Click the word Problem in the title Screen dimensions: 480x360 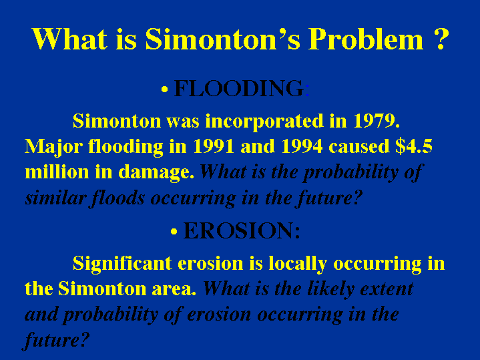tap(366, 39)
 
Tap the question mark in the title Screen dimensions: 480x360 tap(441, 39)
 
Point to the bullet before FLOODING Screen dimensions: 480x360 tap(164, 89)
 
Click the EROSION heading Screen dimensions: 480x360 tap(242, 230)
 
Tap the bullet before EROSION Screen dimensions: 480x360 tap(174, 231)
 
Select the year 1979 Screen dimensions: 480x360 tap(377, 121)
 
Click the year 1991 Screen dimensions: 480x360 tap(214, 146)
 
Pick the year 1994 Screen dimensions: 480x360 tap(302, 146)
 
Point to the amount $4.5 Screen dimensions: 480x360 tap(413, 146)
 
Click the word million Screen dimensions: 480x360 tap(57, 172)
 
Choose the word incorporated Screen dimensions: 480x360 tap(264, 122)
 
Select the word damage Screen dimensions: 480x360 tap(156, 172)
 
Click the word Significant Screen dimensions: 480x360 tap(122, 264)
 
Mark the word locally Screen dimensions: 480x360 tap(298, 264)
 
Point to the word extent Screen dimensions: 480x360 tap(387, 289)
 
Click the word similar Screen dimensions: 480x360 tap(55, 198)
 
